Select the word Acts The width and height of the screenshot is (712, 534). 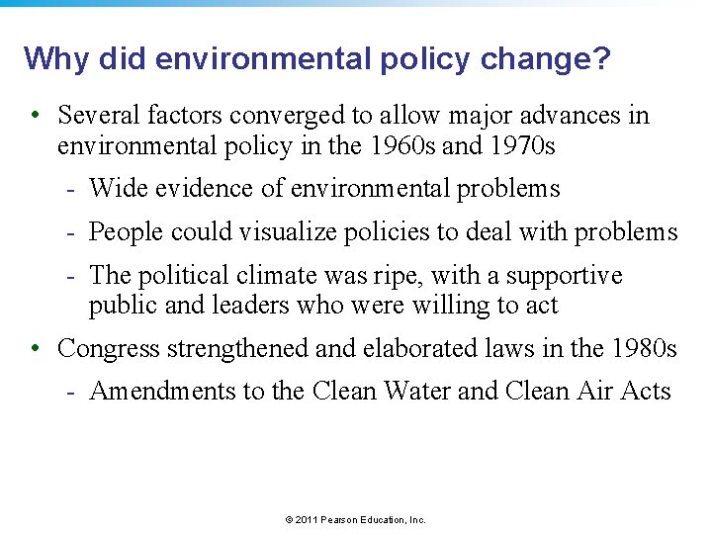pos(648,392)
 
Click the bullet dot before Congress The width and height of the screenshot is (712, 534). pos(35,349)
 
